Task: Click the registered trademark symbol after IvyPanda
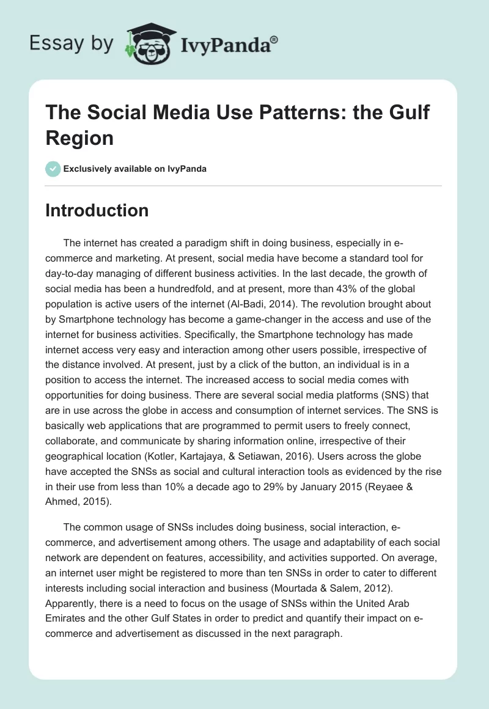click(x=274, y=40)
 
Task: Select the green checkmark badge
click(x=53, y=169)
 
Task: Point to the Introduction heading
click(x=97, y=210)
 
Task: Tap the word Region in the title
click(x=79, y=138)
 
